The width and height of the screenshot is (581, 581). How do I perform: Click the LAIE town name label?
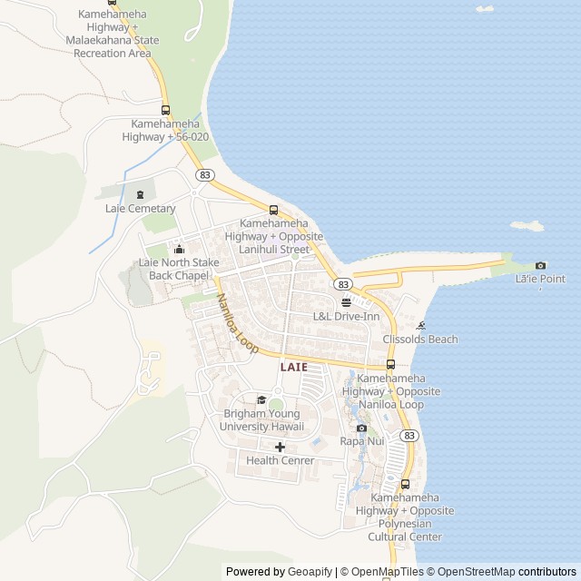pos(293,367)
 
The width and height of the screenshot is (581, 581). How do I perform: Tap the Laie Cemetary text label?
pos(140,209)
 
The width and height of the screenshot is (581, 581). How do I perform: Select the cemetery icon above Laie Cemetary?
pos(140,193)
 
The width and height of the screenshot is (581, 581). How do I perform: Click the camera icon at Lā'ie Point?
pos(541,265)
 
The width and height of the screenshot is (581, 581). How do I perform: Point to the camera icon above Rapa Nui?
pos(361,428)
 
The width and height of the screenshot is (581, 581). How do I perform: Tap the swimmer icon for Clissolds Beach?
pos(420,326)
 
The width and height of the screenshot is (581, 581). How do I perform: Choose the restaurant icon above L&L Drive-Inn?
pos(346,302)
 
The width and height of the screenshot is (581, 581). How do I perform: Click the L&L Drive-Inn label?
pos(346,317)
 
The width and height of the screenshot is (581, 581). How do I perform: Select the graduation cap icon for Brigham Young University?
pos(261,399)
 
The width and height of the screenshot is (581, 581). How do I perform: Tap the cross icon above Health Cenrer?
pos(280,447)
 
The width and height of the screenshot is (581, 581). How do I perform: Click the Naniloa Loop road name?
pos(237,324)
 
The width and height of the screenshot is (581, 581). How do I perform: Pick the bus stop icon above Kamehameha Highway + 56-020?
pos(165,110)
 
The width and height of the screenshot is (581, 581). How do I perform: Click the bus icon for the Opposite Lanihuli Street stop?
pos(273,210)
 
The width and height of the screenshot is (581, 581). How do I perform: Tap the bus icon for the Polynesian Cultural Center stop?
pos(405,484)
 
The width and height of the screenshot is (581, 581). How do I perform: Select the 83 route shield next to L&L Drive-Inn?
pos(342,284)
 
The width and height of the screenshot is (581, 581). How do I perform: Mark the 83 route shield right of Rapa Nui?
pos(409,436)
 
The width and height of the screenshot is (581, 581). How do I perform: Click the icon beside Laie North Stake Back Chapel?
pos(179,250)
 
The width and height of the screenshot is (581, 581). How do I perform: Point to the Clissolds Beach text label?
pos(420,340)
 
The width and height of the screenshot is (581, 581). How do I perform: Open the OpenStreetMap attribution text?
pos(472,572)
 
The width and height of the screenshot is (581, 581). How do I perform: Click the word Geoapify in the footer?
pos(309,572)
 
